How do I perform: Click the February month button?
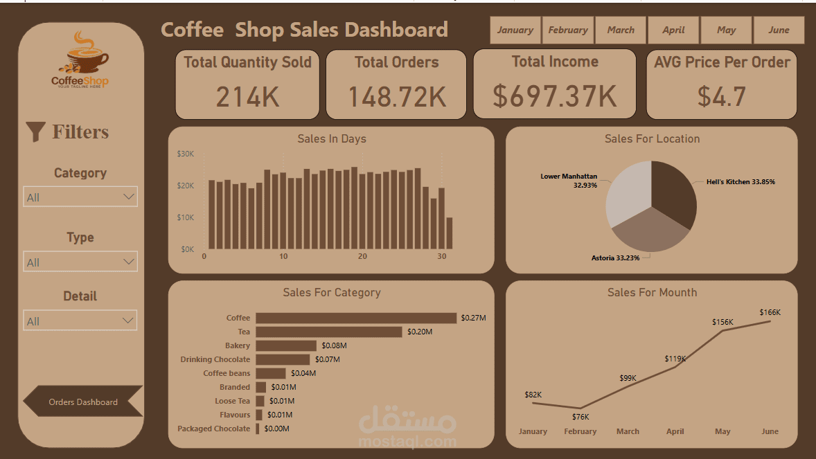click(x=568, y=30)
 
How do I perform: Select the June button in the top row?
click(x=779, y=30)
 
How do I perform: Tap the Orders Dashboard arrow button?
click(x=83, y=402)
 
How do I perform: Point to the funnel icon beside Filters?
click(x=35, y=132)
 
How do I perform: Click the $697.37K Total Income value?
click(x=555, y=96)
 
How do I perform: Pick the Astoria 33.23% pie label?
click(x=615, y=258)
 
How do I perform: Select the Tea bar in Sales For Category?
click(x=329, y=332)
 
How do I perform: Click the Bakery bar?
click(x=286, y=345)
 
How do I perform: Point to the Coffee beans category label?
click(x=227, y=373)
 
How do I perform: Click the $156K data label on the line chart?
click(x=722, y=322)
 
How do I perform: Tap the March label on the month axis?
click(x=628, y=431)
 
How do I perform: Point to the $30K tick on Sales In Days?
click(x=186, y=154)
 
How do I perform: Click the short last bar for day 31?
click(x=449, y=233)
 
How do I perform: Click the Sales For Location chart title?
click(x=652, y=138)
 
